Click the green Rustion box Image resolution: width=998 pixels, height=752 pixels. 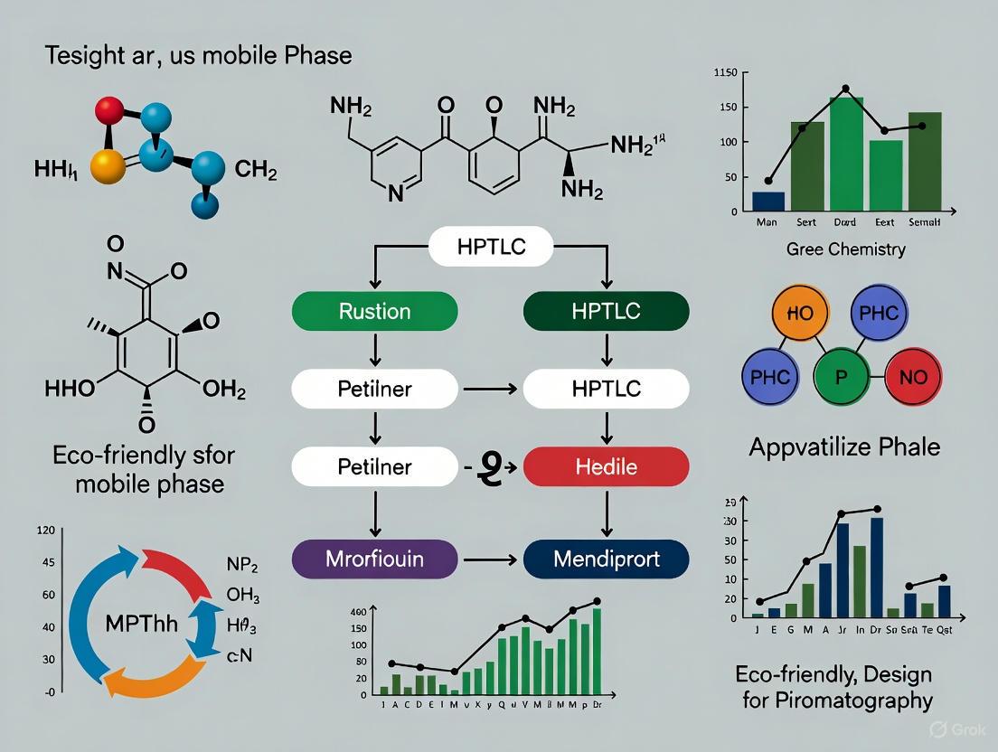pos(374,312)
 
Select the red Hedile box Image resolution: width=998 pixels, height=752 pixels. pos(607,467)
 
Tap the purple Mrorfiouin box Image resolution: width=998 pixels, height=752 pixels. pos(374,560)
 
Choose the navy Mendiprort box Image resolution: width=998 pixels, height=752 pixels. pos(607,560)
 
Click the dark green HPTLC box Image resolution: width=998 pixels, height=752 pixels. pos(607,312)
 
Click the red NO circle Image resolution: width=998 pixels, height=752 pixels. pos(913,378)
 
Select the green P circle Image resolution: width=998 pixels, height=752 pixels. pos(841,378)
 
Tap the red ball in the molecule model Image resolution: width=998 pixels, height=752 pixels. pos(109,111)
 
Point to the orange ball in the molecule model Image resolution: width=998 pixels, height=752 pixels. pos(108,166)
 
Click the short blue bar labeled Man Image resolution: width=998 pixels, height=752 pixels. pos(768,202)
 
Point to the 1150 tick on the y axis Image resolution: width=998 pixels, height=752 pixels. pos(726,72)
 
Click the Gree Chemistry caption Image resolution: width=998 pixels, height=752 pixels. pos(845,249)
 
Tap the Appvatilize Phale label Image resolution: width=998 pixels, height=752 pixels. pos(844,446)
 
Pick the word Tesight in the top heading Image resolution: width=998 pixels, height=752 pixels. pos(85,56)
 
